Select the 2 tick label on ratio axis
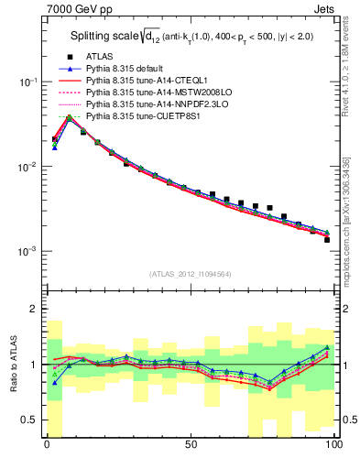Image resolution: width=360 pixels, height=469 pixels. (x=34, y=309)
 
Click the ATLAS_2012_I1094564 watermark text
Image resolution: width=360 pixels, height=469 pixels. (x=190, y=274)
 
